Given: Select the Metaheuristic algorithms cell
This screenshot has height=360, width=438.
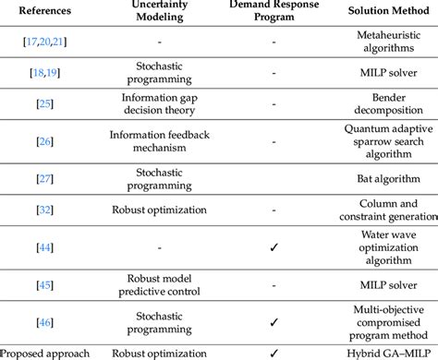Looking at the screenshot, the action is point(381,42).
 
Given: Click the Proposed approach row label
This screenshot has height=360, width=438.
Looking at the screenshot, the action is point(45,353).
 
